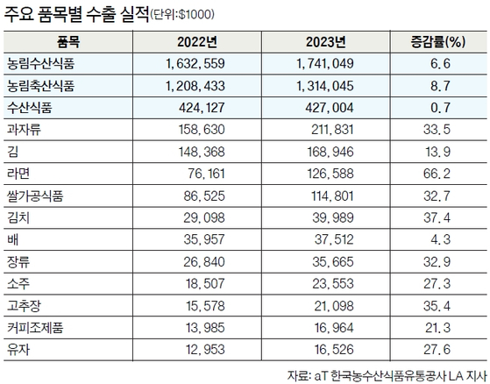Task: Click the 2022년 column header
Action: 197,42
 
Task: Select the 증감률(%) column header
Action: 438,42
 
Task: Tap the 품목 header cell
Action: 68,42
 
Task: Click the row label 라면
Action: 18,174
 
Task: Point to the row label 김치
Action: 18,217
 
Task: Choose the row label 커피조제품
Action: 35,328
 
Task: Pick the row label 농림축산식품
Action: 41,86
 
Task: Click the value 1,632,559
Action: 195,64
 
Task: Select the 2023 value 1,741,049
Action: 325,64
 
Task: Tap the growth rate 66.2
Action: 437,174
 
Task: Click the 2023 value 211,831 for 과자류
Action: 332,130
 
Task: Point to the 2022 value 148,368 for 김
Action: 202,152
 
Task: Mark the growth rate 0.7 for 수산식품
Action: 440,108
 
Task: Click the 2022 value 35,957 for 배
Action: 204,239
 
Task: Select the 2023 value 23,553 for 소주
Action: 333,284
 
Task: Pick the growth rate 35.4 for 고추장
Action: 437,306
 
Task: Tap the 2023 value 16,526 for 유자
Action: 334,350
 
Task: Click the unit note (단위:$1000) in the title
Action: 182,15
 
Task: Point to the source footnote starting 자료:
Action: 387,375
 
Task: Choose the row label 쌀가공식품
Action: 35,196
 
